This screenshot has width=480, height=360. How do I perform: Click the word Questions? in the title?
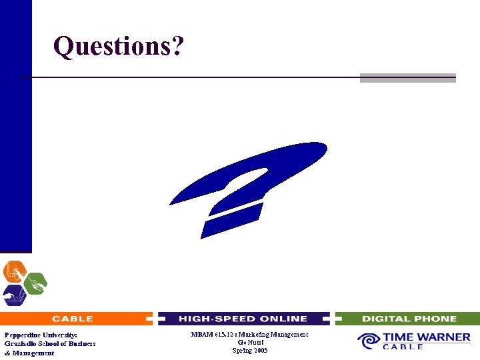[x=118, y=47]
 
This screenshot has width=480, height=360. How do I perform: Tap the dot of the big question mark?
[x=233, y=221]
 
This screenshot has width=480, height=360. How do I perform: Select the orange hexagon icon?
[x=13, y=271]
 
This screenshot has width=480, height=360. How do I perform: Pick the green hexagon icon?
[x=35, y=282]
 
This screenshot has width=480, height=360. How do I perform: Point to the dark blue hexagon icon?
[x=13, y=294]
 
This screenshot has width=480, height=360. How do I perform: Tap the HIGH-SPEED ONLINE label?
[x=243, y=319]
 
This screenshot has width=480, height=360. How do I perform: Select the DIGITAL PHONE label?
[x=409, y=319]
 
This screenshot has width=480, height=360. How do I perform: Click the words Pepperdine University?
[x=41, y=335]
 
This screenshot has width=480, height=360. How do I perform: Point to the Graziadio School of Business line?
[x=50, y=343]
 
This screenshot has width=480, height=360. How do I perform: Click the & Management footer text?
[x=29, y=353]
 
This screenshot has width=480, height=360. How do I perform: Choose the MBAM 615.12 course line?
[x=249, y=335]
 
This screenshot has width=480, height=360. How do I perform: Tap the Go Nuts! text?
[x=249, y=343]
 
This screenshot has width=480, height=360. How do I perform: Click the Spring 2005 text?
[x=249, y=351]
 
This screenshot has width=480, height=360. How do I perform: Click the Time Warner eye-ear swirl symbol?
[x=368, y=341]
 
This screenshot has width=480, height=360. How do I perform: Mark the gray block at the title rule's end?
[x=407, y=78]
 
